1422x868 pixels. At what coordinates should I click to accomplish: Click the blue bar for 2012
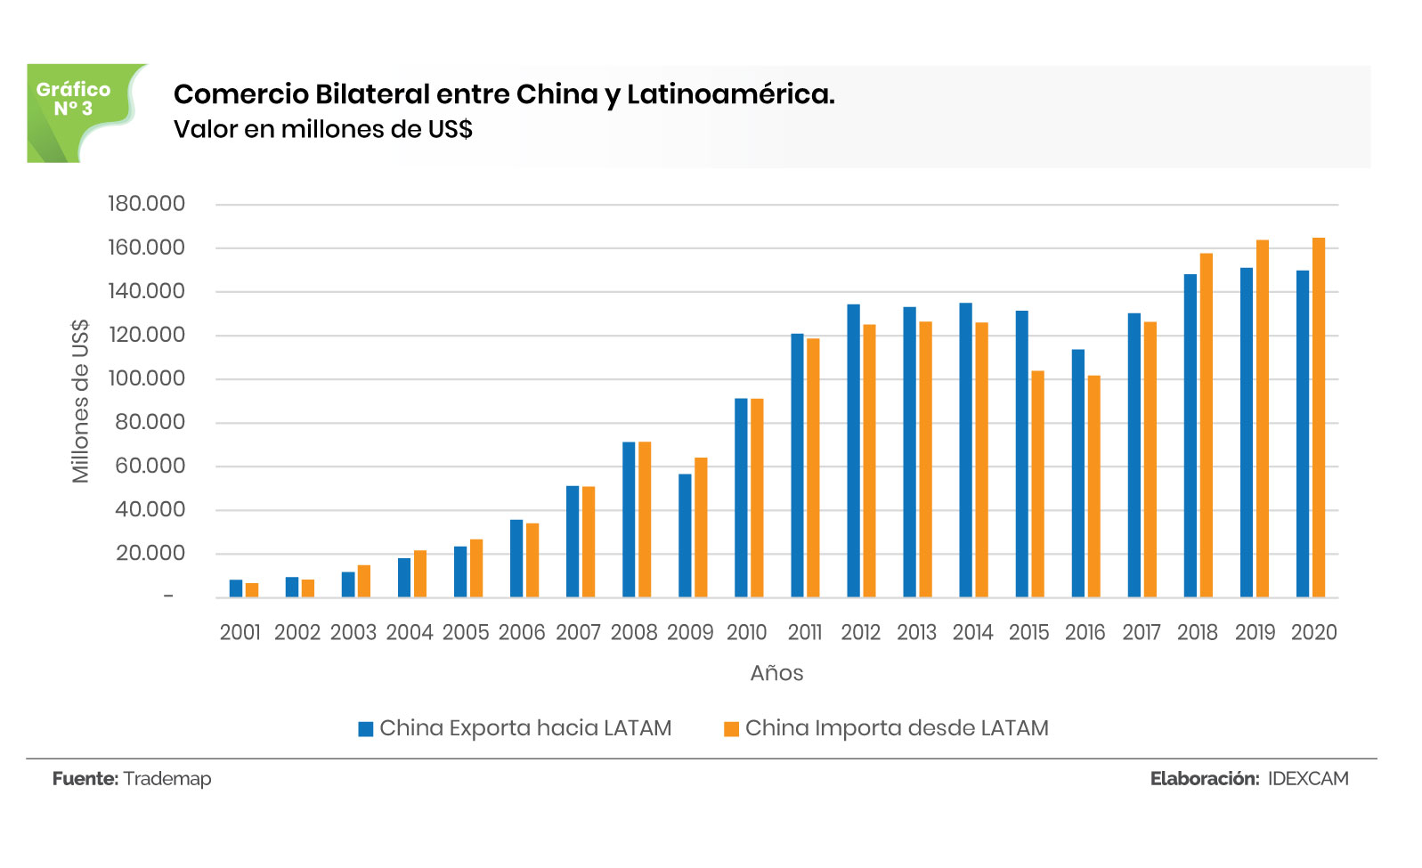click(853, 450)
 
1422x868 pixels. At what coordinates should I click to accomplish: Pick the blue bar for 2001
click(236, 588)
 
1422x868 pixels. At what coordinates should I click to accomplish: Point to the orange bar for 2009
click(701, 527)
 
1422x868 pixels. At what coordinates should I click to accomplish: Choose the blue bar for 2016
click(1077, 473)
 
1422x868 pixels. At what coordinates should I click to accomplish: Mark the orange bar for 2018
click(1207, 425)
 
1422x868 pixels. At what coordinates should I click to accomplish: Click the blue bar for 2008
click(629, 519)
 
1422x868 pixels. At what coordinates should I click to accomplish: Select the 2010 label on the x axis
click(746, 632)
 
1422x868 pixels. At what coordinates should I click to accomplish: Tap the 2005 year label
click(466, 632)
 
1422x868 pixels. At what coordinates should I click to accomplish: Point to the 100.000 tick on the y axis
click(146, 378)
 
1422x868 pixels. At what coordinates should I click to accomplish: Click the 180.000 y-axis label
click(146, 204)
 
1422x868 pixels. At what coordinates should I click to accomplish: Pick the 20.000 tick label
click(150, 553)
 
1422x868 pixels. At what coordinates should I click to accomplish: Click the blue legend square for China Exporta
click(365, 729)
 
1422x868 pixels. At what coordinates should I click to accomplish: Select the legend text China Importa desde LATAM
click(897, 728)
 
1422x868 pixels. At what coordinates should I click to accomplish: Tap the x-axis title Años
click(776, 673)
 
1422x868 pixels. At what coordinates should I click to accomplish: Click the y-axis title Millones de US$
click(81, 402)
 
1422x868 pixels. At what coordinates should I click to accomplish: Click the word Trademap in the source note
click(167, 779)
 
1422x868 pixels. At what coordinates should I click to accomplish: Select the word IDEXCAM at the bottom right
click(1308, 779)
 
